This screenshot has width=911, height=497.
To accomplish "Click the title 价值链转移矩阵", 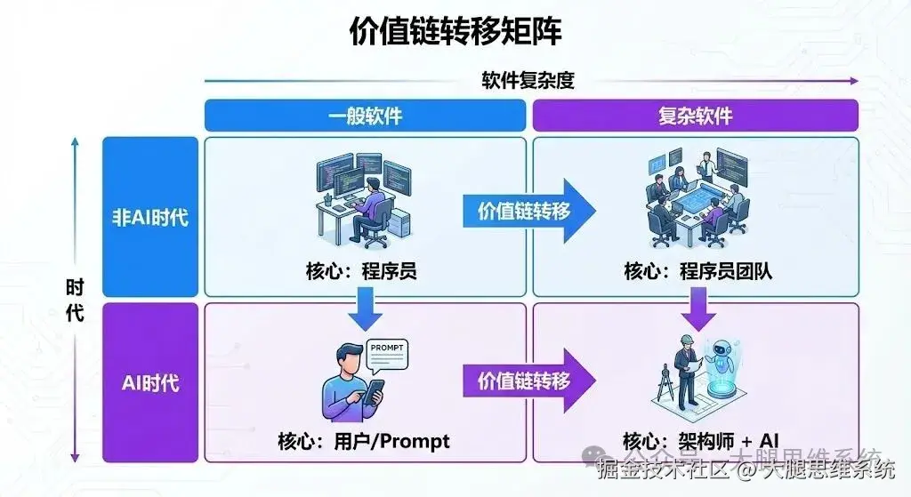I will coord(455,32).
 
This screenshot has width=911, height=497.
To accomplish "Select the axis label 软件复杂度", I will coord(528,80).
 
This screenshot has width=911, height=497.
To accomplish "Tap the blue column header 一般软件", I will coord(365,116).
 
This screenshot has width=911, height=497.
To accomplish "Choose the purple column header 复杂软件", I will coord(695,116).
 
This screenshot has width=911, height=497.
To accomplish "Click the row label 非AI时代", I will coord(149,216).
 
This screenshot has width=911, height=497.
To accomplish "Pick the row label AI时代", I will coord(149,383).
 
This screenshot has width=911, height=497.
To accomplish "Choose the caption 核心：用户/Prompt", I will coord(364,441).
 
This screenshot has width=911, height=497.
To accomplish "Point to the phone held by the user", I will coord(375,391).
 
